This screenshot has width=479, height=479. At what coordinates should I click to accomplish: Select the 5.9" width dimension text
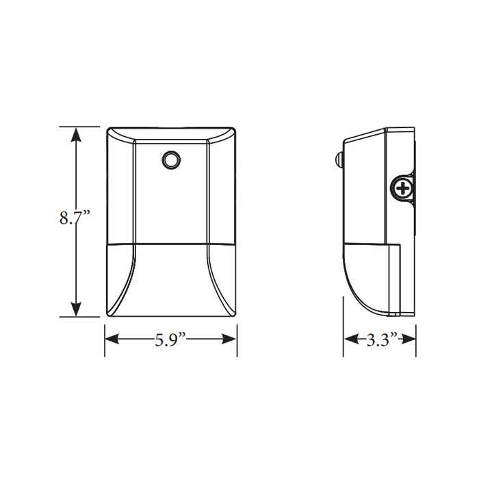pyautogui.click(x=170, y=339)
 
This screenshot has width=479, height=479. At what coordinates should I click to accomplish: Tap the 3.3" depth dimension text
pyautogui.click(x=381, y=339)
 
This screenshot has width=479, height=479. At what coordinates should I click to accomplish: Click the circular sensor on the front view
pyautogui.click(x=170, y=160)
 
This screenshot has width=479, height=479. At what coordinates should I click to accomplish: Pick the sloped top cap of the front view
pyautogui.click(x=170, y=134)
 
